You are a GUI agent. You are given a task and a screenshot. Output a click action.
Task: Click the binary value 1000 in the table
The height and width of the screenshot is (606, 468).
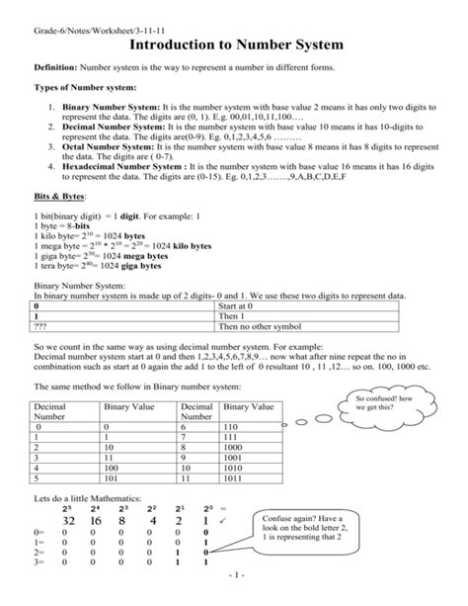click(x=236, y=446)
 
